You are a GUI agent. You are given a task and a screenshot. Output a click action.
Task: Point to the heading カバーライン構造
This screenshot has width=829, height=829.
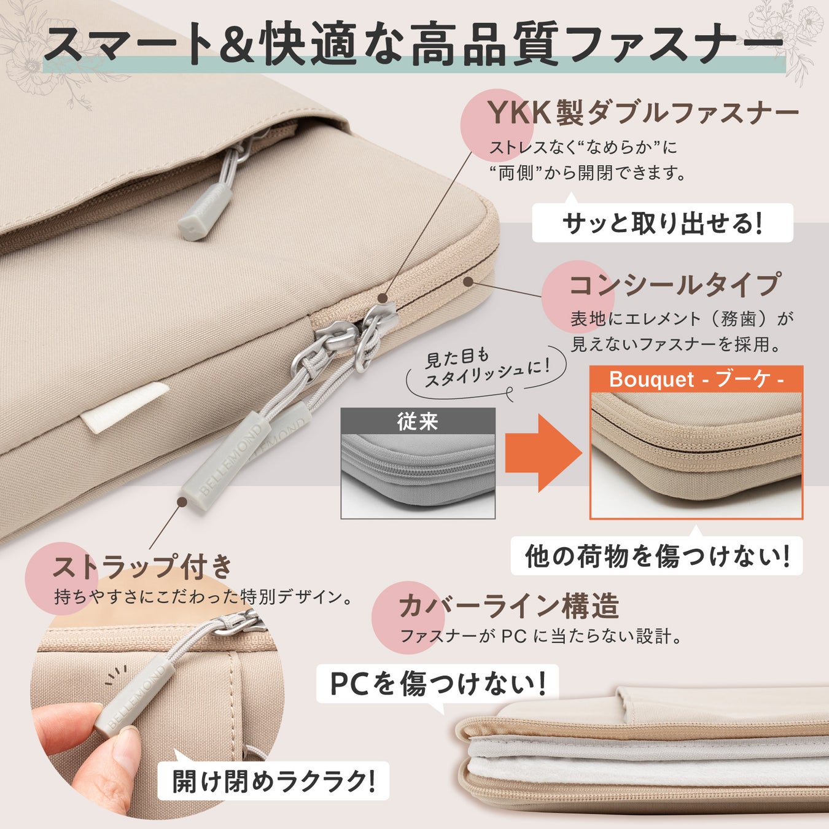509,605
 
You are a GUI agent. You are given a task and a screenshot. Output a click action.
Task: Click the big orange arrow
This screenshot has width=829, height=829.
543,453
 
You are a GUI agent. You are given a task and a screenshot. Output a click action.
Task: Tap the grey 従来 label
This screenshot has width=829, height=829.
418,421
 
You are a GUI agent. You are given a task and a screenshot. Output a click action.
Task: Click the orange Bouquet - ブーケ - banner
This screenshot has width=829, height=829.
696,379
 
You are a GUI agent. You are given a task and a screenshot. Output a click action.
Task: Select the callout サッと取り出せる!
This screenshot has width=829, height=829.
663,223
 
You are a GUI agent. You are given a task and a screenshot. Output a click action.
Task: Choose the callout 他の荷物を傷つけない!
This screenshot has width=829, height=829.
657,556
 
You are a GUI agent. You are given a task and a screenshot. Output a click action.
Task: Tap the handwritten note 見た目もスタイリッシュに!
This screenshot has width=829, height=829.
487,370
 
